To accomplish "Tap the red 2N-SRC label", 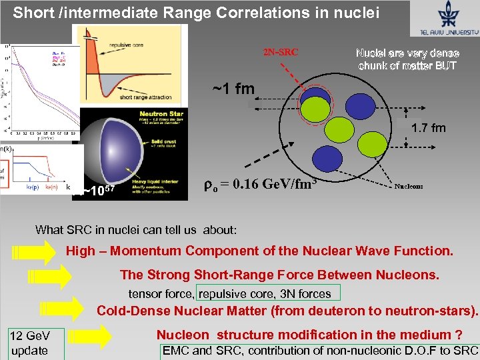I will [281, 51].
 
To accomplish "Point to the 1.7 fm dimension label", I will [428, 128].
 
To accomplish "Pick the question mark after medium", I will [458, 335].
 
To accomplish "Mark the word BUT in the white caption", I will [444, 65].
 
